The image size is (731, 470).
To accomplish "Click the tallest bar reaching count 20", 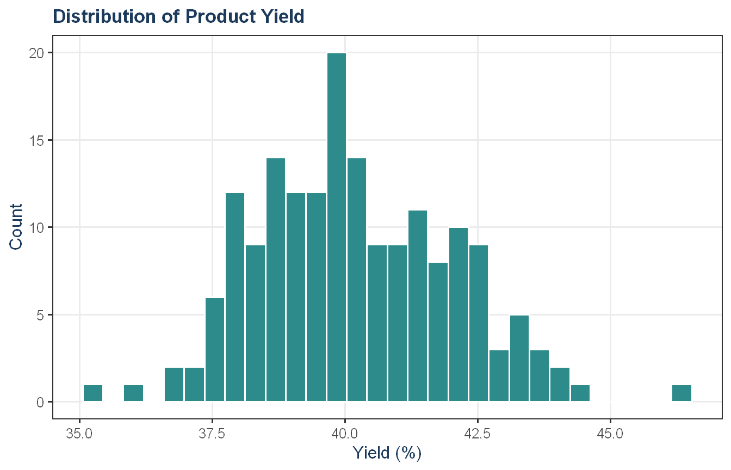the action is [337, 227].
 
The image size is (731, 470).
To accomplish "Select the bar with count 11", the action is [418, 306].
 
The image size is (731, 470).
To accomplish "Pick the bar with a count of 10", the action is [459, 314].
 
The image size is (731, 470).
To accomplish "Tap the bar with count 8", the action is [438, 332].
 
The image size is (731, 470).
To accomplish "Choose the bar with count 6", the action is [215, 350].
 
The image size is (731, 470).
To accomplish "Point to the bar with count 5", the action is [519, 358].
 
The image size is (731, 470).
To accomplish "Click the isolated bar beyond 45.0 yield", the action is [682, 393].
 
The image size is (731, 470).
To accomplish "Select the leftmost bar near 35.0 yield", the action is [93, 393].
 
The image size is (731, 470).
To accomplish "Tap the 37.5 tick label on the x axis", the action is [212, 434].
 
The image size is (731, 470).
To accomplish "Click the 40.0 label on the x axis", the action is [345, 434].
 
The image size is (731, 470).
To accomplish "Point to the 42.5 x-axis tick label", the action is [478, 434].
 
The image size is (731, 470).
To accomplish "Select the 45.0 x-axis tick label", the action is [611, 434].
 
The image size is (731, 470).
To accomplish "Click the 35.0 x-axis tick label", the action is [79, 434].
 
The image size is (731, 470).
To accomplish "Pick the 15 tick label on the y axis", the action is [36, 141].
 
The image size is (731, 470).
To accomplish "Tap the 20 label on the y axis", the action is [36, 53].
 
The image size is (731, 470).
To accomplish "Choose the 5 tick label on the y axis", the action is [40, 316].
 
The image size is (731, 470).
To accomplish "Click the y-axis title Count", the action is [16, 227].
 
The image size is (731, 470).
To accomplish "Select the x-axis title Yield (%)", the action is [387, 453].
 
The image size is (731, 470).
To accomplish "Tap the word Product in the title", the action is [221, 16].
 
